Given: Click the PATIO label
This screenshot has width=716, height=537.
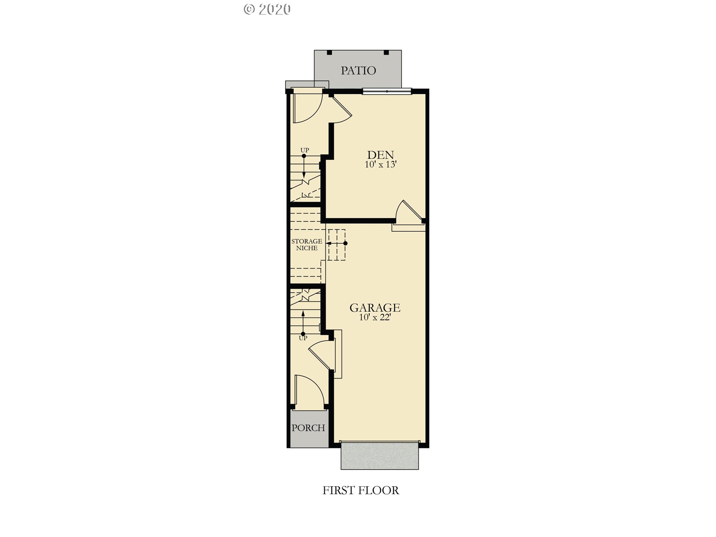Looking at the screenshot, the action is click(358, 70).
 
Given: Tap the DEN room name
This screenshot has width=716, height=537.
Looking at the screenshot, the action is click(380, 155).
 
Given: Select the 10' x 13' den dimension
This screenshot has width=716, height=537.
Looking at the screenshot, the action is click(380, 164).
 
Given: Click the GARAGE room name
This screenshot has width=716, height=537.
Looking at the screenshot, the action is click(375, 308).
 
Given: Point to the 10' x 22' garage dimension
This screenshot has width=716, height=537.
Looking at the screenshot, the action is click(375, 317).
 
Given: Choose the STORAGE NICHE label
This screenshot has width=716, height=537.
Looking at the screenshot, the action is click(307, 245).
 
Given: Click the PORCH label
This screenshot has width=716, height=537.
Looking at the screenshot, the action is click(308, 428).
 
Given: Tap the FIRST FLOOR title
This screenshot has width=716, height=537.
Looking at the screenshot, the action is click(361, 490).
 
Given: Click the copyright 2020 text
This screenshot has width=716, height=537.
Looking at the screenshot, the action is click(267, 9).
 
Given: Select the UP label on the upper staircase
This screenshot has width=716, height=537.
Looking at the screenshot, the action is click(305, 150).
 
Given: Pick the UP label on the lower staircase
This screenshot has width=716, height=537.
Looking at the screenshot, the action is click(303, 338).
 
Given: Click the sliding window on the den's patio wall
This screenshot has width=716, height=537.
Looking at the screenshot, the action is click(387, 91).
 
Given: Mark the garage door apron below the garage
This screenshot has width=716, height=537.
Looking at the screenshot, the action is click(380, 456).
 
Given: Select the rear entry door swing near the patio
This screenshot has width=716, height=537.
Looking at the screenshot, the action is click(308, 106).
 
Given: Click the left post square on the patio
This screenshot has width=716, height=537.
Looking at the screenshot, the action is click(329, 53).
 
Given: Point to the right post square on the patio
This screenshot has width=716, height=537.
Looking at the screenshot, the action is click(386, 53).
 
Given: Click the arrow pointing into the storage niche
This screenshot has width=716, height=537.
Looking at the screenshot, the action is click(337, 243).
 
